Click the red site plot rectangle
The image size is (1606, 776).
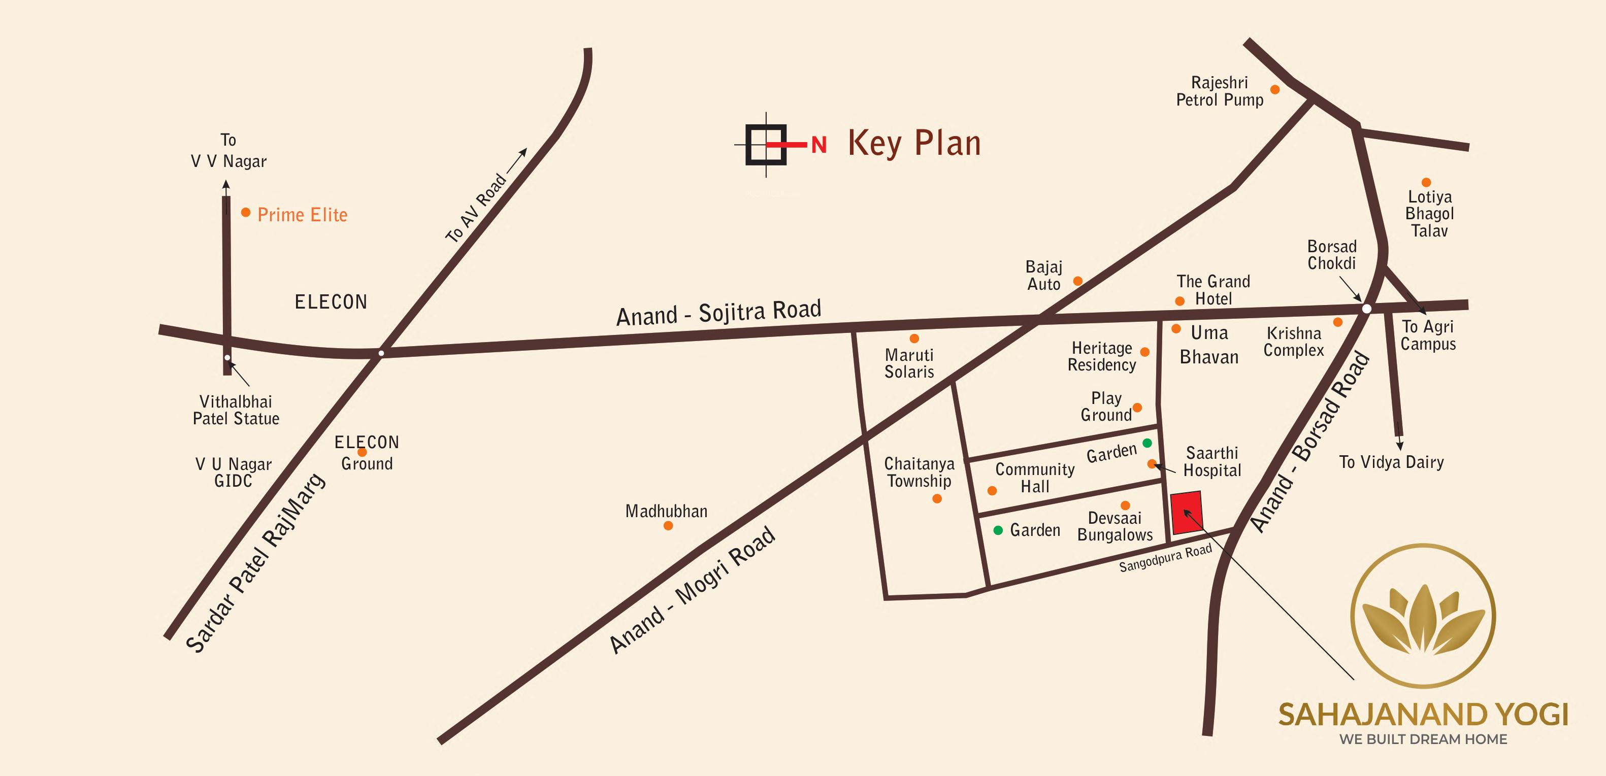pos(1187,513)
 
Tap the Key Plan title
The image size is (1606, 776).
pos(914,143)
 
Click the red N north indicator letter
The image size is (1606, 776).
pos(818,145)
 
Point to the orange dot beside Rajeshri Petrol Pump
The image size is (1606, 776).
pos(1275,90)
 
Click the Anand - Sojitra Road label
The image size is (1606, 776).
pos(718,313)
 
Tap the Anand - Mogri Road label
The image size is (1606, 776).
pos(692,590)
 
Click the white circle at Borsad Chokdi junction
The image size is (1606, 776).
pos(1366,309)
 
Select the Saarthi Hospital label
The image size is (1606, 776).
pos(1212,462)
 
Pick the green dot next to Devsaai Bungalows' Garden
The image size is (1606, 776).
pos(998,530)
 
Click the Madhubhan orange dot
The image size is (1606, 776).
pos(668,525)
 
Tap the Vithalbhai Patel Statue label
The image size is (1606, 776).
pos(236,410)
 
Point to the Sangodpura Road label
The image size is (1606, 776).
pos(1165,558)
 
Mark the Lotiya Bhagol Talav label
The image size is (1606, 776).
pos(1429,214)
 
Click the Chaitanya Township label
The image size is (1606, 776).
pos(919,473)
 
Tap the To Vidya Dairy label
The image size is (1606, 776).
pos(1391,462)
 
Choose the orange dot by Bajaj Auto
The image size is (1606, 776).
pos(1077,281)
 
